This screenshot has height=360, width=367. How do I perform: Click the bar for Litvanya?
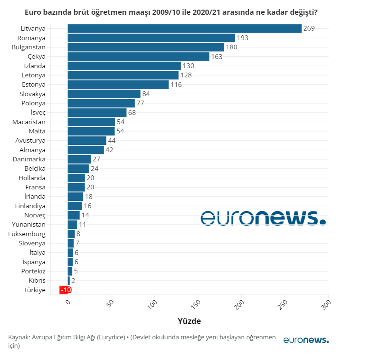(x=184, y=28)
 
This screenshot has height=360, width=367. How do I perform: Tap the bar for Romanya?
(x=151, y=38)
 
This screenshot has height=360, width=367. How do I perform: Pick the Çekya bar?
(x=138, y=56)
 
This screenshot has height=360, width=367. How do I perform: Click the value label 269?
(x=309, y=28)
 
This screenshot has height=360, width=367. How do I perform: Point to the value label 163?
(x=217, y=56)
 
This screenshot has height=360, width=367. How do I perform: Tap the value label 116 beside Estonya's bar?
(x=176, y=84)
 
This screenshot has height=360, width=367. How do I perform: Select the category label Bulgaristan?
(x=28, y=47)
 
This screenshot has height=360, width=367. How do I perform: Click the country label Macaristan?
(x=29, y=122)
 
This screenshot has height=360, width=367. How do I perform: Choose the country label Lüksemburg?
(x=28, y=234)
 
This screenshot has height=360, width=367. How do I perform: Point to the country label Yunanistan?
(x=29, y=224)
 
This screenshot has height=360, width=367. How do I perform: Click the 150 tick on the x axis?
(x=197, y=304)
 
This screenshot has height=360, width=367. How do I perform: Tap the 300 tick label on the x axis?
(x=326, y=304)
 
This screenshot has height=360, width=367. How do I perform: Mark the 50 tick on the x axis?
(x=110, y=304)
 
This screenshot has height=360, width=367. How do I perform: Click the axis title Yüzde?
(x=189, y=321)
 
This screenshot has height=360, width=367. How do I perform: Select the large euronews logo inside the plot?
(x=263, y=218)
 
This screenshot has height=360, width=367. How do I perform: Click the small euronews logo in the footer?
(x=306, y=340)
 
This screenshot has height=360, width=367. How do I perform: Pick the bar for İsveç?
(x=97, y=112)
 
